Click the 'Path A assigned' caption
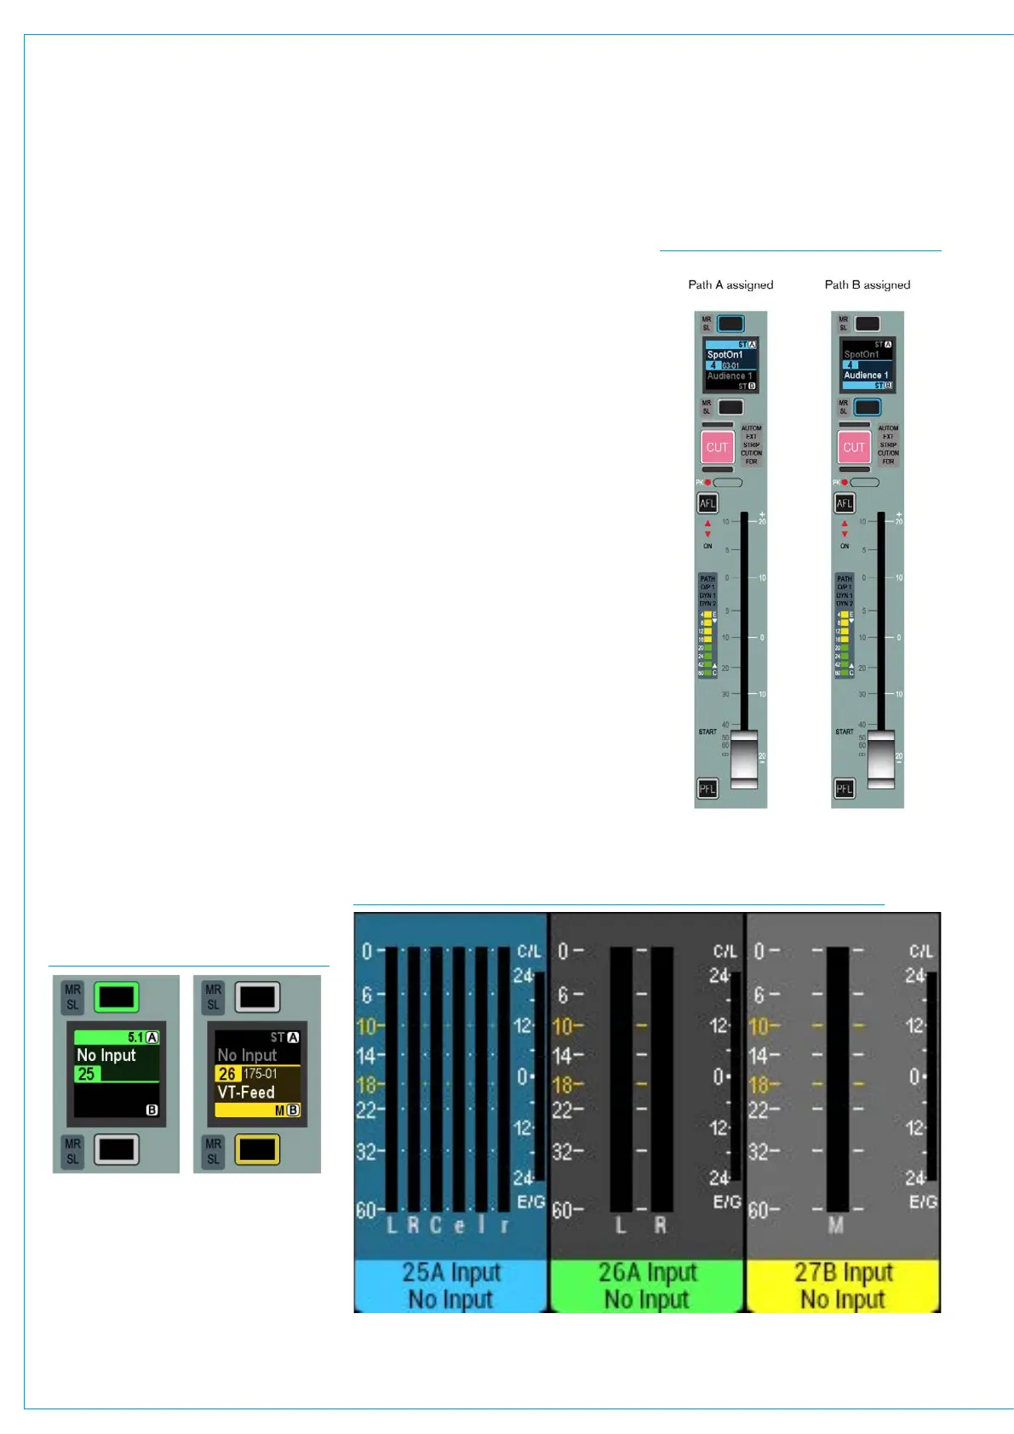730,284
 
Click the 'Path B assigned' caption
867,284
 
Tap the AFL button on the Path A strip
708,503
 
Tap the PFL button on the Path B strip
844,789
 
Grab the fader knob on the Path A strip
744,757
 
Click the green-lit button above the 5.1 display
116,996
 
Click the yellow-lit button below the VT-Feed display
257,1150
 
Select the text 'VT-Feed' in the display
246,1092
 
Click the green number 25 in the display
86,1074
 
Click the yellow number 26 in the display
226,1074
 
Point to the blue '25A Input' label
451,1272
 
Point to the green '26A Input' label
647,1272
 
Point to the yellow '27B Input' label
843,1272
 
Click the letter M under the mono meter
836,1225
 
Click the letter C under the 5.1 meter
435,1225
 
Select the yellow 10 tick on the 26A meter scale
564,1026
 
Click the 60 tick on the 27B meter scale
759,1209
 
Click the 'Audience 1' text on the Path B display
866,375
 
